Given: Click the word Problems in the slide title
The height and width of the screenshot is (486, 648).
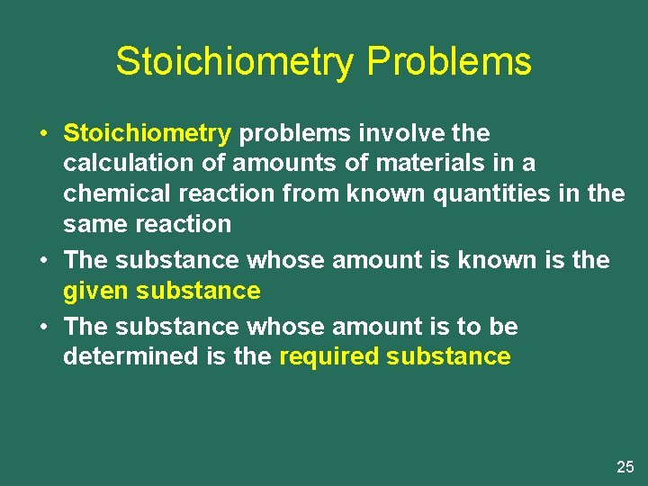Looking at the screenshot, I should click(449, 62).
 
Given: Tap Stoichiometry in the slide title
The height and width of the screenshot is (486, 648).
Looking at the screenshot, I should click(235, 62).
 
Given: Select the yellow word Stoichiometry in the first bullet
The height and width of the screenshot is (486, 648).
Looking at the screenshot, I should click(148, 134).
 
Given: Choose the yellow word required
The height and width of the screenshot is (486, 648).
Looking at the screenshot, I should click(329, 356).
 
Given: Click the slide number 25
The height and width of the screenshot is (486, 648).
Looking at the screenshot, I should click(625, 466).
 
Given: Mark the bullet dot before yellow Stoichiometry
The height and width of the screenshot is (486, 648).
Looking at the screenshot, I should click(43, 134).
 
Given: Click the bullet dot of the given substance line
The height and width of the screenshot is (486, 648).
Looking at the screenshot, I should click(43, 261).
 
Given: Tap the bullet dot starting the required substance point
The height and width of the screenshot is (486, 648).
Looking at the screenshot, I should click(43, 327).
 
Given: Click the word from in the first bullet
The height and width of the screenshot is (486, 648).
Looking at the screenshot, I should click(310, 193).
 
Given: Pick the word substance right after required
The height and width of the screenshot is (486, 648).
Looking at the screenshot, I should click(448, 356).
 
